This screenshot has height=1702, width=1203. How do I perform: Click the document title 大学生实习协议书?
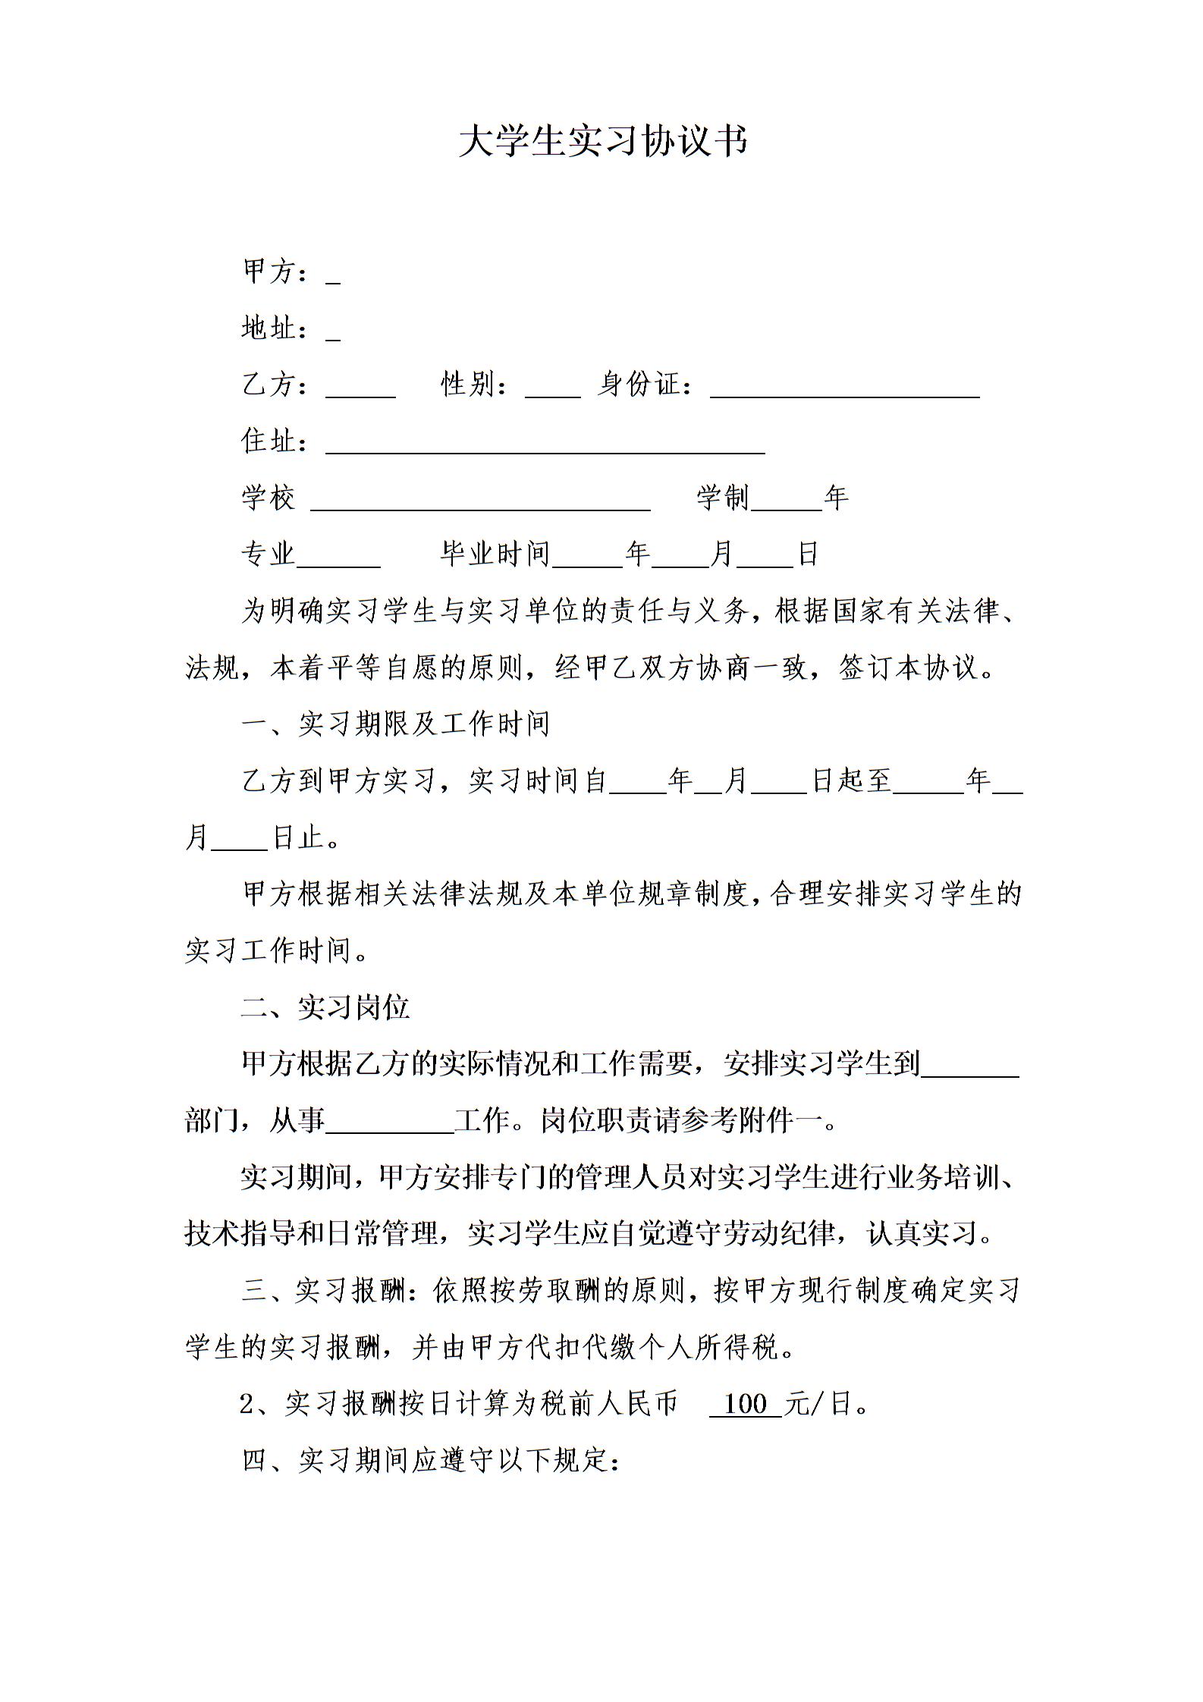point(603,141)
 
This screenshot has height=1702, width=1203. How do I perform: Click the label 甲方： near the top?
point(276,272)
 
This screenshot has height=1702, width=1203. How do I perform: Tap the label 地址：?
point(276,329)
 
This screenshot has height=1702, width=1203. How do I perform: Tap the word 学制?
point(723,498)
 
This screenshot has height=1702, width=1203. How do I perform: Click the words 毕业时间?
point(495,554)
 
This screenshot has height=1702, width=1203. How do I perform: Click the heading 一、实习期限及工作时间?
point(395,724)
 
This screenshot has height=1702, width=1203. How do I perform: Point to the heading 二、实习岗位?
point(325,1007)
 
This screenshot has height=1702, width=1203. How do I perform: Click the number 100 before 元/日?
point(746,1404)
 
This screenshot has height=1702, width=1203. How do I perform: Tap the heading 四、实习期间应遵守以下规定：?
point(431,1460)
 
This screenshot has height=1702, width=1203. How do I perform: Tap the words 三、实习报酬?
point(324,1291)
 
